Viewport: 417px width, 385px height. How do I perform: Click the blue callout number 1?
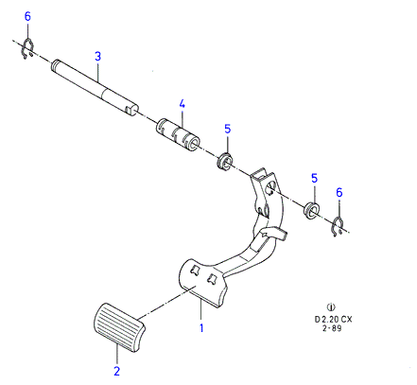coord(201,328)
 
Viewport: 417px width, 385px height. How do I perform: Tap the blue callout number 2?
coord(117,371)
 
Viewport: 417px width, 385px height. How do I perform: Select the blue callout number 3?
coord(97,57)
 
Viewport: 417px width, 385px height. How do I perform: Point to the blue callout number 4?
coord(182,104)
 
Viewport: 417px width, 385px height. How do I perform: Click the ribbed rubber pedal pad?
coord(119,327)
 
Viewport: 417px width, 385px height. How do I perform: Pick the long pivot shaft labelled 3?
coord(95,88)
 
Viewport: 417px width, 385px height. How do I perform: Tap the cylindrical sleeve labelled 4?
coord(179,135)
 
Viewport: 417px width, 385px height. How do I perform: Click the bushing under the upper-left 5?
coord(225,162)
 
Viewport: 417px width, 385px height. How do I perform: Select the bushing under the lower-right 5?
coord(311,210)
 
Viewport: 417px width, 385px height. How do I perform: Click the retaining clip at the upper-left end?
coord(28,48)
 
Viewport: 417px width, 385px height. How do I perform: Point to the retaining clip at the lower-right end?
coord(339,227)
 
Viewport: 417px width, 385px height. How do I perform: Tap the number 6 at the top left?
coord(27,16)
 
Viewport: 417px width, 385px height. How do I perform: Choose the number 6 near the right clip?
coord(339,192)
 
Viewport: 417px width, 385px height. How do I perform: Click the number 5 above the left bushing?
coord(228,129)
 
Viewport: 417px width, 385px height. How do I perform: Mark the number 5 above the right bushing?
coord(314,178)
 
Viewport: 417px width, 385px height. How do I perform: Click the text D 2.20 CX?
coord(333,320)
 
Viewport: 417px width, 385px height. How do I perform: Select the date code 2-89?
coord(332,328)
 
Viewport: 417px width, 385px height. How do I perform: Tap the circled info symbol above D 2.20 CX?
coord(331,306)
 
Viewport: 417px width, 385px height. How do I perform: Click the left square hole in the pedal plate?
coord(195,271)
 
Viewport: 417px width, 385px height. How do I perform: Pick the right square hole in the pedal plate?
coord(212,278)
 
